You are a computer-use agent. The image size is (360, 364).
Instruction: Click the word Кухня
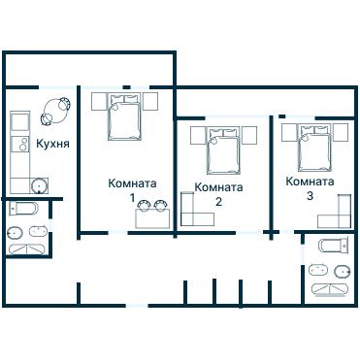[x=51, y=145]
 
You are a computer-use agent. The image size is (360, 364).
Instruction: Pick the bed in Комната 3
[x=314, y=145]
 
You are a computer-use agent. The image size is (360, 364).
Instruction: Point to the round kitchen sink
[x=40, y=186]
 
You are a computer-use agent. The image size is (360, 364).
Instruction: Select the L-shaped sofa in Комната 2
[x=195, y=211]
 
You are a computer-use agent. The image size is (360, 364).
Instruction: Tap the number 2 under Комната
[x=218, y=202]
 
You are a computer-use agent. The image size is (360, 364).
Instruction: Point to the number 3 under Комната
[x=310, y=196]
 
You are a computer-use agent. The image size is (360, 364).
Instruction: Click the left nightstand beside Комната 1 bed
[x=99, y=101]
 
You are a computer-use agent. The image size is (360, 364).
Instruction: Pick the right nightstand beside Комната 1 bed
[x=151, y=101]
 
